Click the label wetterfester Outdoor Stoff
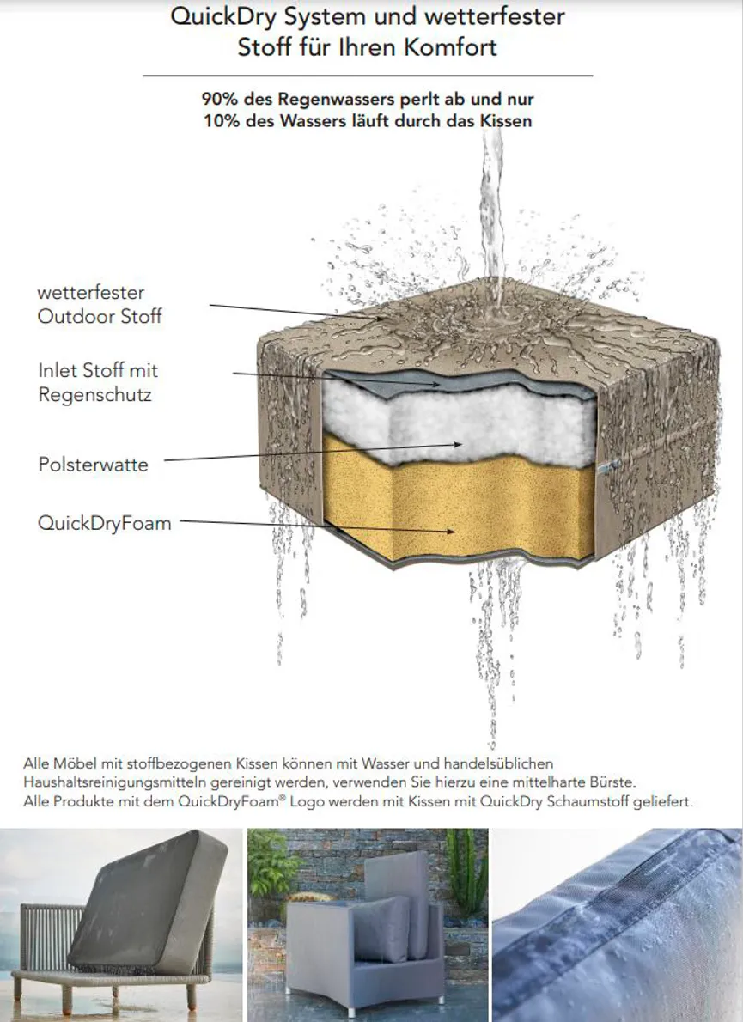click(100, 304)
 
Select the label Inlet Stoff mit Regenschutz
click(99, 382)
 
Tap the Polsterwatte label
click(94, 465)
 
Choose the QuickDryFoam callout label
click(104, 523)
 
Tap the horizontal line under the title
click(368, 76)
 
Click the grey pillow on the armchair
click(381, 928)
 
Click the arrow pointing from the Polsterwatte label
click(313, 453)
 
